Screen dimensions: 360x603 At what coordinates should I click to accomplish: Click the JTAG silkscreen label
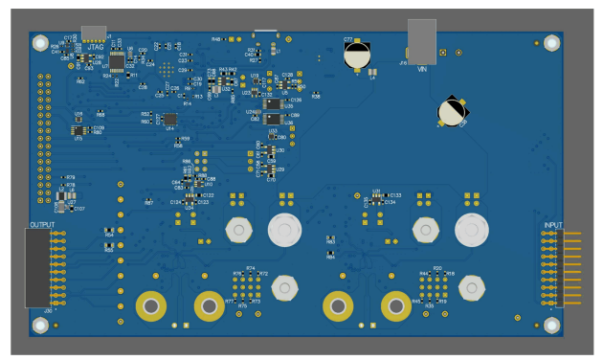(96, 45)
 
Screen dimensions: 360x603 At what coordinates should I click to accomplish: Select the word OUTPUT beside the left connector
(42, 225)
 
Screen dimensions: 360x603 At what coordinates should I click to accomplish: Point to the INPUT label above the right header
(553, 225)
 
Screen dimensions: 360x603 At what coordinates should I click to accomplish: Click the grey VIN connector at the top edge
(421, 40)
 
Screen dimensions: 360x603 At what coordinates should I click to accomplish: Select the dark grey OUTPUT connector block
(36, 269)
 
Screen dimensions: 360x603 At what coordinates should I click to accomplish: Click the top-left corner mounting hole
(40, 44)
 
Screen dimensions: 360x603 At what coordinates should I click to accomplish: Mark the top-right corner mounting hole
(550, 43)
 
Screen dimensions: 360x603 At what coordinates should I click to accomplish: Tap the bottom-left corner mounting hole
(40, 325)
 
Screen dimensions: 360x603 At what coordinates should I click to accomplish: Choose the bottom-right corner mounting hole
(550, 324)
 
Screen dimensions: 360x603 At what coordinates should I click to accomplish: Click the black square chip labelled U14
(170, 120)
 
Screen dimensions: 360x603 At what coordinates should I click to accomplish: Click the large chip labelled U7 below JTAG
(117, 64)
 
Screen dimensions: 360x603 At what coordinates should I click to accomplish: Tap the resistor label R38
(316, 97)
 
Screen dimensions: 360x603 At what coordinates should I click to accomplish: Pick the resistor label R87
(148, 203)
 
